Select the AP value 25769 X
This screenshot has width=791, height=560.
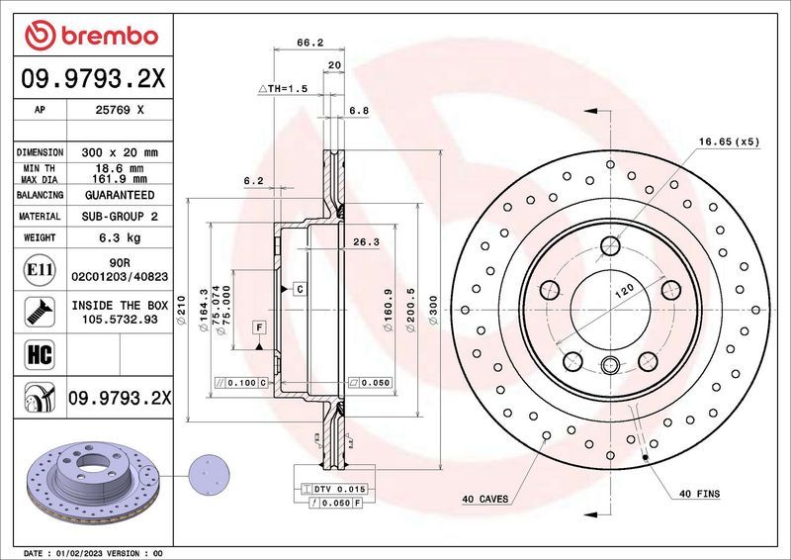click(x=120, y=111)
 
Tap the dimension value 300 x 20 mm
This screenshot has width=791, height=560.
click(x=120, y=152)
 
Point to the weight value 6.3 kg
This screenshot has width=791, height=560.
click(x=120, y=237)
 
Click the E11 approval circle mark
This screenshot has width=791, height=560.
click(x=38, y=268)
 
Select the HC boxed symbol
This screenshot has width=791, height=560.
click(x=38, y=352)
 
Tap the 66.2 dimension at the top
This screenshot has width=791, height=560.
click(x=311, y=43)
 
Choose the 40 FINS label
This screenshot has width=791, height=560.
click(x=699, y=493)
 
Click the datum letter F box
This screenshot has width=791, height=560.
click(x=258, y=327)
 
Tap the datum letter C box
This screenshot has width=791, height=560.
click(x=298, y=288)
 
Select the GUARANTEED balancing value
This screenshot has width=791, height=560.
click(x=120, y=195)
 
